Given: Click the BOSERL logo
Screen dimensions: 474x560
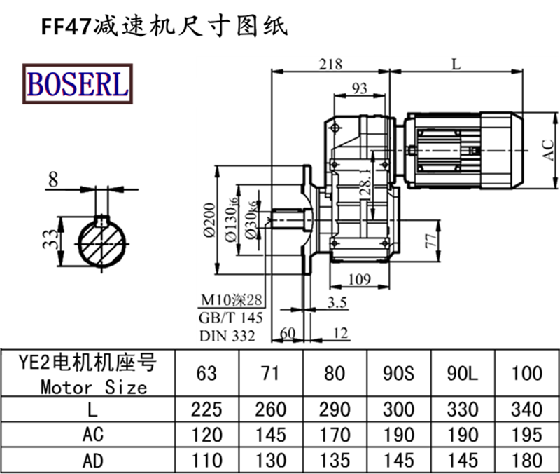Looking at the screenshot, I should [x=78, y=83].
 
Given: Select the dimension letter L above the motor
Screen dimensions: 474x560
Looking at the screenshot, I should [x=456, y=64].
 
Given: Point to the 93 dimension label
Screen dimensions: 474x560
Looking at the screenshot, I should [x=359, y=88].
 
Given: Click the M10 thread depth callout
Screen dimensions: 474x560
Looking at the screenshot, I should [x=230, y=302].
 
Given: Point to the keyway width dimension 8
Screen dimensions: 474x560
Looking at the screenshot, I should [x=53, y=180].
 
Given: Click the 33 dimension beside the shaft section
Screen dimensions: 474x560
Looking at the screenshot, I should [x=48, y=239].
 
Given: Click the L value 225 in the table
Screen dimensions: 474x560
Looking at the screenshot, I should [x=207, y=409].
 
